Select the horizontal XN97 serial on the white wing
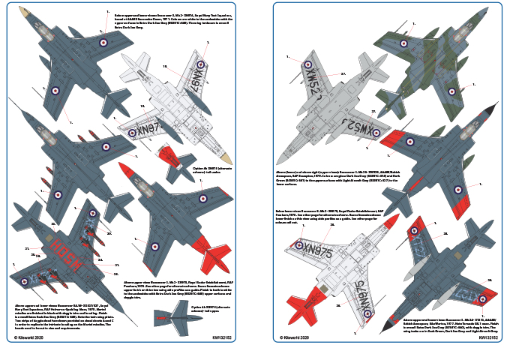tap(146, 129)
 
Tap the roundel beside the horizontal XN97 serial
tap(132, 133)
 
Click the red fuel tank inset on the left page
tap(169, 157)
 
